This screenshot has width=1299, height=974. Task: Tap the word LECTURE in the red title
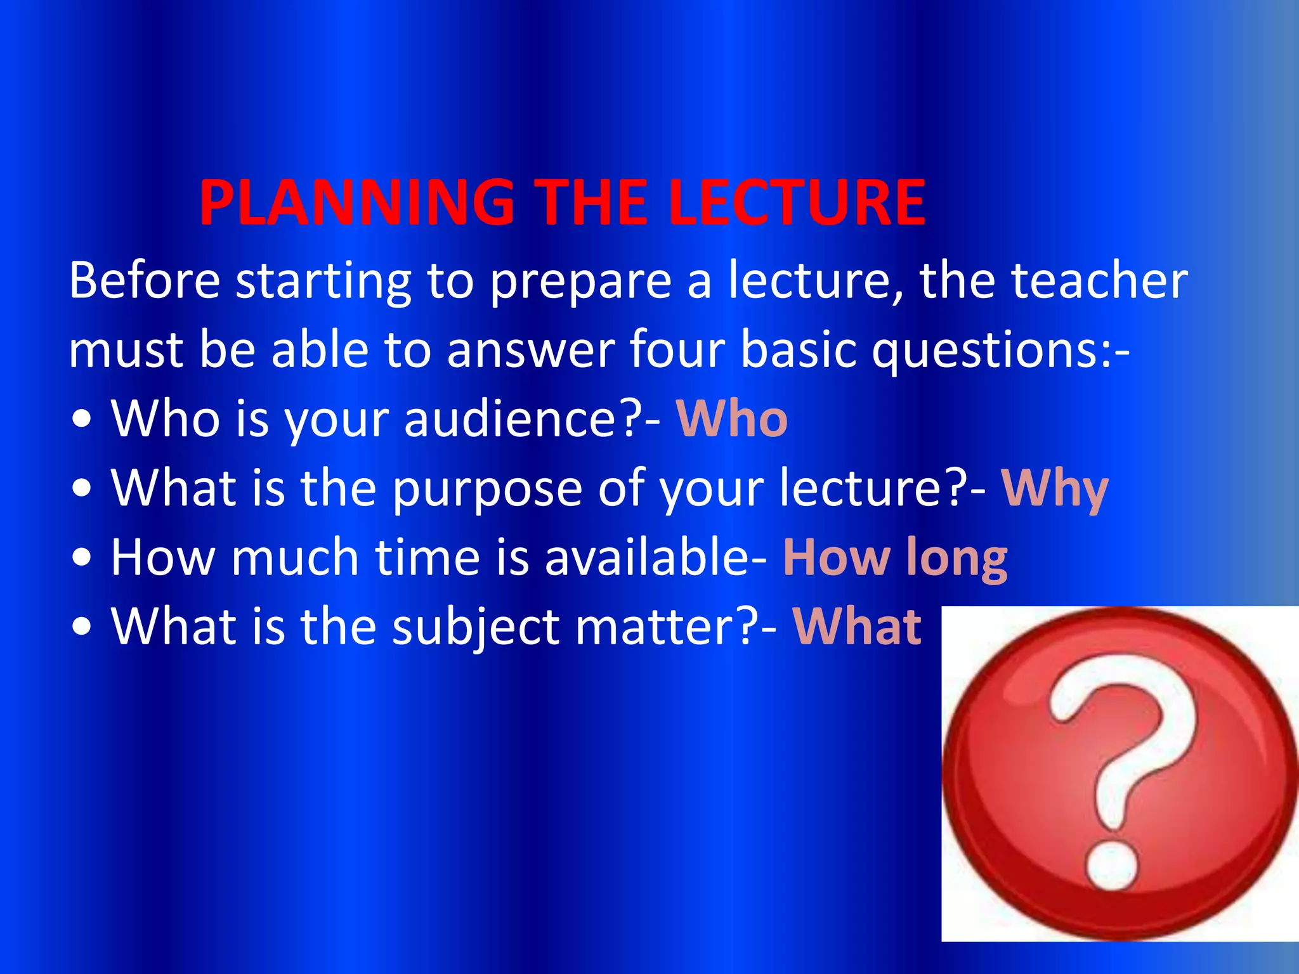(797, 203)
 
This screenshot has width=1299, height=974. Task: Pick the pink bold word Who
(732, 420)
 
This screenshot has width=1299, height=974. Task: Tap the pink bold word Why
(1055, 490)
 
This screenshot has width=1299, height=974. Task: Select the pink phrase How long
(895, 559)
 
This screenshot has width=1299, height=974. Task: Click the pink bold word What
(857, 627)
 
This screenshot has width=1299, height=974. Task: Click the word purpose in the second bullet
(487, 490)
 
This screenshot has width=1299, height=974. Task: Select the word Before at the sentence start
(145, 280)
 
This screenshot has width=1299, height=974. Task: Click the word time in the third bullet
(427, 557)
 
